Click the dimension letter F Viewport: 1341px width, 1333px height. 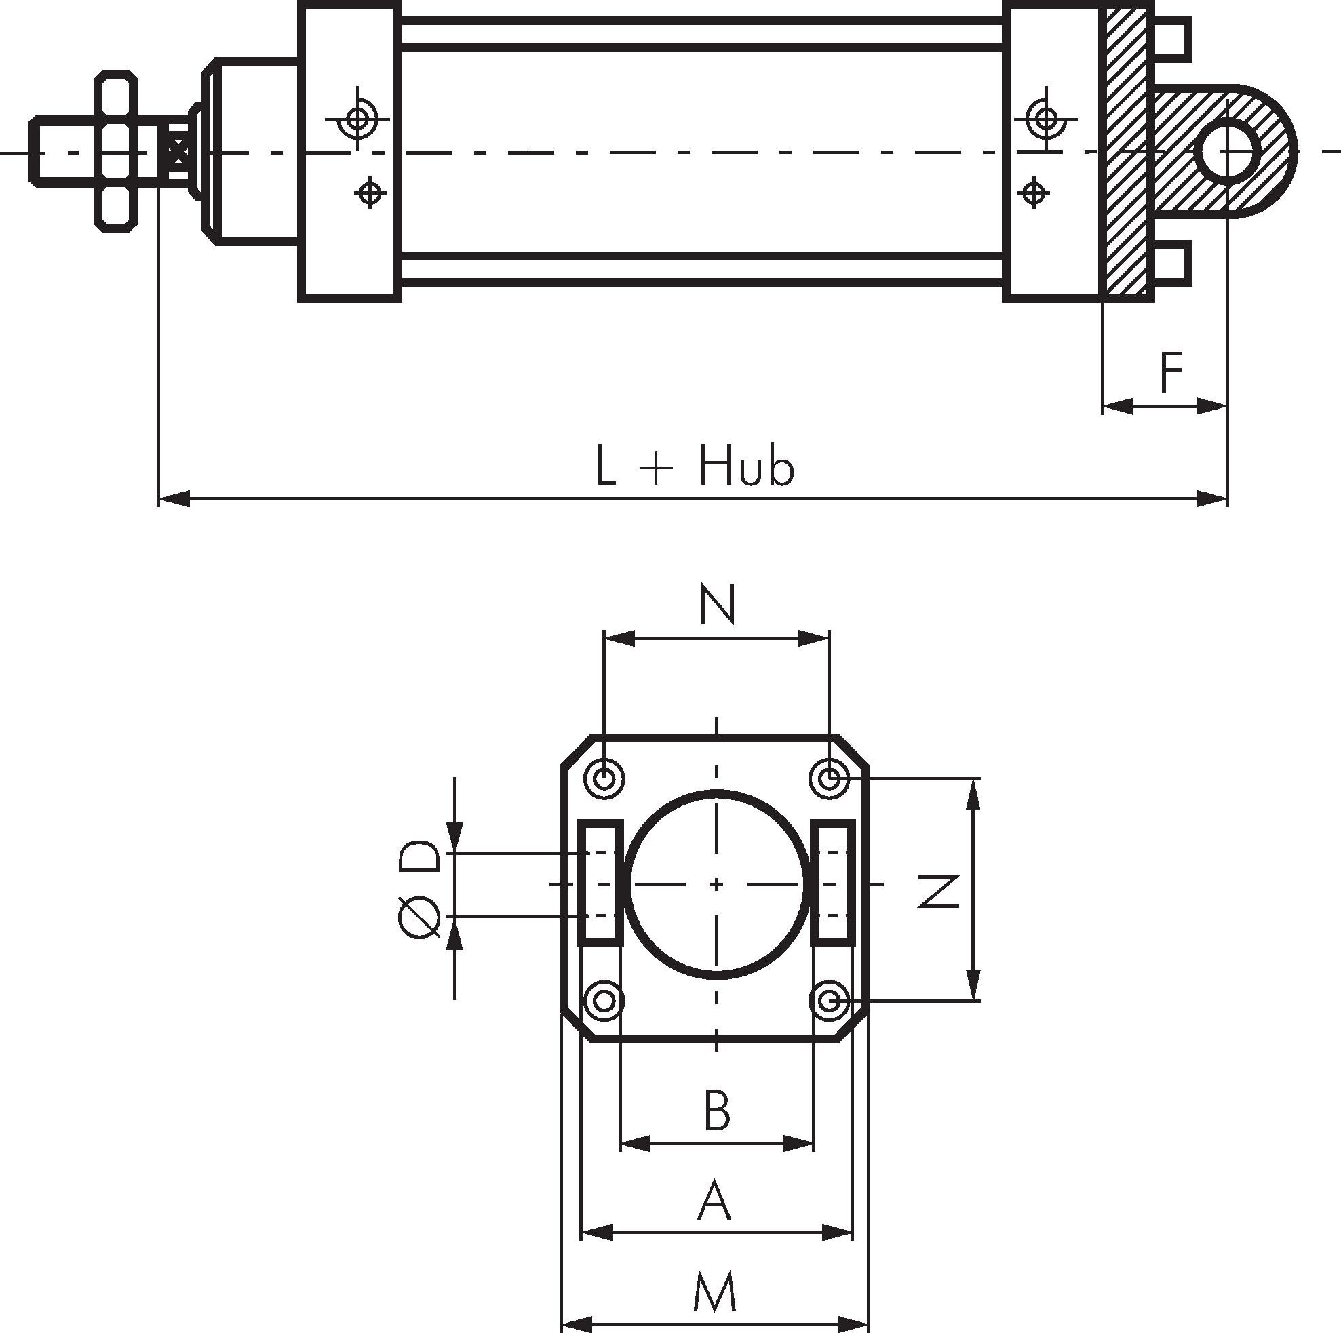[1171, 373]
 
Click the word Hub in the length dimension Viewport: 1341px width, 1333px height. [746, 466]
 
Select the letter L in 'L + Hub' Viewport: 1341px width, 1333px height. [605, 466]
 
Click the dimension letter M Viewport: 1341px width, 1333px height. [715, 1292]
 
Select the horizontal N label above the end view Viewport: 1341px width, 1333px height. [717, 604]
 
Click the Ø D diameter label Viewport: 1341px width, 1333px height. [419, 889]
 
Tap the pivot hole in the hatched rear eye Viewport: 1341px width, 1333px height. [1228, 150]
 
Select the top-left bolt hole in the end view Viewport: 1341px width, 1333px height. [604, 778]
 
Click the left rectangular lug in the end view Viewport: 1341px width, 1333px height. [600, 883]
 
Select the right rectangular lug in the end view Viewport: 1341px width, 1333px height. [832, 883]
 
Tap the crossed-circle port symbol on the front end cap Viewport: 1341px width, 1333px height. [358, 119]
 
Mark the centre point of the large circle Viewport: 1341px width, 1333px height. [717, 884]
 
